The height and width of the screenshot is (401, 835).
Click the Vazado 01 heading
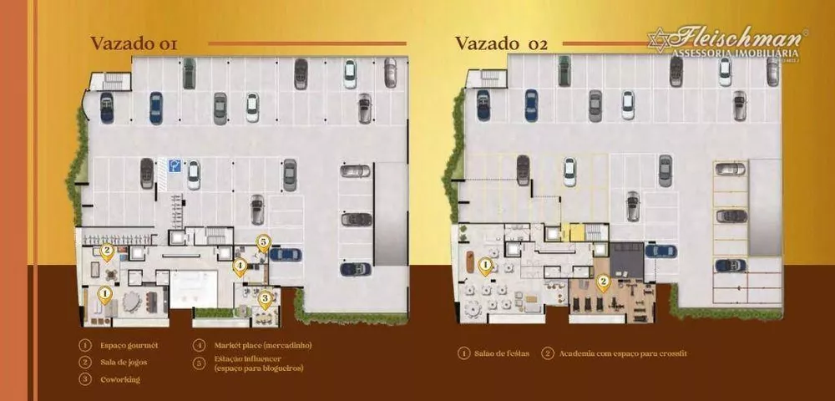pos(134,44)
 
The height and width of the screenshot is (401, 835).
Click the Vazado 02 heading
pos(501,44)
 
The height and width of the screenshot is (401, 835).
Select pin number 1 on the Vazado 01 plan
pos(105,294)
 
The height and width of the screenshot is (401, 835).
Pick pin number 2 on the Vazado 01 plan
pos(107,250)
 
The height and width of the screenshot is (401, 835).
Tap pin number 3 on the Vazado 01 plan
pos(265,297)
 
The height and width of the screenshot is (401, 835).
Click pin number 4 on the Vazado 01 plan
pos(240,267)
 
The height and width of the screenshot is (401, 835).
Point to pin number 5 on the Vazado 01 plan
pos(263,242)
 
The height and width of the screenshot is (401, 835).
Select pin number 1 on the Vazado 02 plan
pos(485,266)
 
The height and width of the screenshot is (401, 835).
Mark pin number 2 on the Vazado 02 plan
pos(603,282)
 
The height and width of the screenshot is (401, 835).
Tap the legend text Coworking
pos(121,379)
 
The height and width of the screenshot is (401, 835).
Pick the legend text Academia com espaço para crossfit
pos(623,353)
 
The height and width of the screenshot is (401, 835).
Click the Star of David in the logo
pos(659,39)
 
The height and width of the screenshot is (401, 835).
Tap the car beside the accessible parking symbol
pos(194,174)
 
